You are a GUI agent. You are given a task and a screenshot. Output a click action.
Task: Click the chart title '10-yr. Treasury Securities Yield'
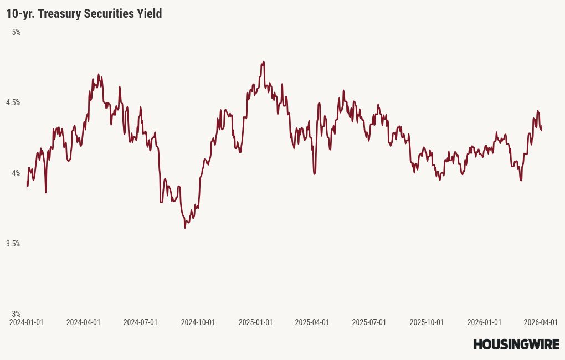(x=84, y=14)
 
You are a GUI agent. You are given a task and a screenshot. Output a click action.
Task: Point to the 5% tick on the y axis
(x=16, y=33)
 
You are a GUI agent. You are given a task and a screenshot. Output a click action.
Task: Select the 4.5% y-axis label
(x=13, y=103)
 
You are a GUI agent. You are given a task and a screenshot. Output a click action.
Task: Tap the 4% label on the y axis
(x=16, y=173)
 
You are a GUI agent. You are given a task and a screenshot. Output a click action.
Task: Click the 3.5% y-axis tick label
(x=13, y=244)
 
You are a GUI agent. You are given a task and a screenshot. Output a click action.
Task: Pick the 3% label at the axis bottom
(x=16, y=314)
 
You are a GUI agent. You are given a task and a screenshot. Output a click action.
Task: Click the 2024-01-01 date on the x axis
(x=26, y=322)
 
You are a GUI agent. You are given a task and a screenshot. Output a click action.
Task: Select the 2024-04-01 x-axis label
(x=83, y=322)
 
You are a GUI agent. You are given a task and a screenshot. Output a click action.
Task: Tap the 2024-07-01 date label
(x=140, y=322)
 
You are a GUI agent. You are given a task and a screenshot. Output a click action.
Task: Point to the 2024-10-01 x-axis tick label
(x=198, y=322)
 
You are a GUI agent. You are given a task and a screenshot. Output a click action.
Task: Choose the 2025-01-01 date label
(x=255, y=322)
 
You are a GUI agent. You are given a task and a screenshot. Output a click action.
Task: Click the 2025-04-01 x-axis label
(x=312, y=322)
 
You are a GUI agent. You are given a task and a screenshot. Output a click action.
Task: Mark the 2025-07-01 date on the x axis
(x=369, y=322)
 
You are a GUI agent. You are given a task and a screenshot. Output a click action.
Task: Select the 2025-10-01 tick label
(x=427, y=322)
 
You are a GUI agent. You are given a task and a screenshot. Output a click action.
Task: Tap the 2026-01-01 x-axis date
(x=484, y=322)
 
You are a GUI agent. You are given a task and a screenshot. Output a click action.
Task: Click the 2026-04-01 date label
(x=540, y=322)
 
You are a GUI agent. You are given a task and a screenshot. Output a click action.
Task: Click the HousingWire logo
(x=516, y=344)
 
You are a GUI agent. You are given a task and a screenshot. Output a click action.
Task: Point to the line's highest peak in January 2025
(x=263, y=62)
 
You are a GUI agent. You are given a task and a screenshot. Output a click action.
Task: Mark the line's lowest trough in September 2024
(x=185, y=228)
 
